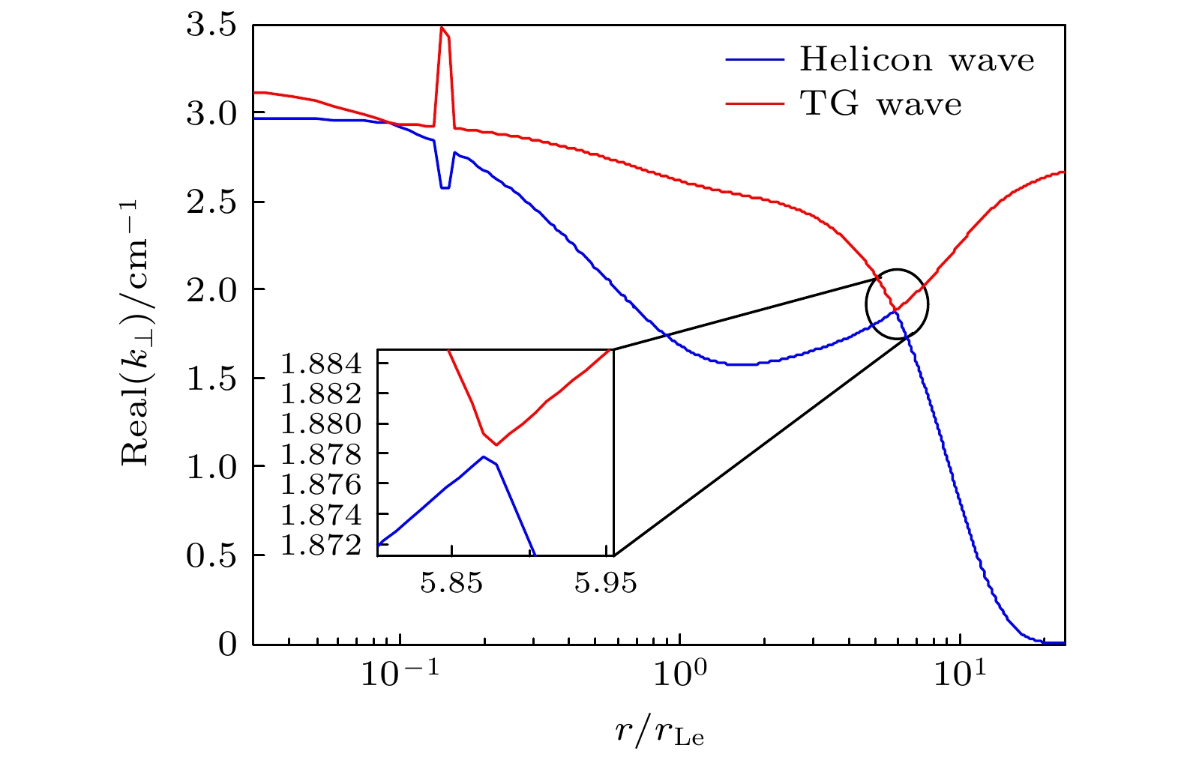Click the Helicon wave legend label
click(x=916, y=60)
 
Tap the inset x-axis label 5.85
click(x=451, y=582)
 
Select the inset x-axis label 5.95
click(x=606, y=582)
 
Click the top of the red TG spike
click(x=442, y=28)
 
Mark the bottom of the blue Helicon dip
click(x=445, y=187)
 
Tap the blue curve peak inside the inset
click(x=484, y=456)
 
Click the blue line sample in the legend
click(x=754, y=60)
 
